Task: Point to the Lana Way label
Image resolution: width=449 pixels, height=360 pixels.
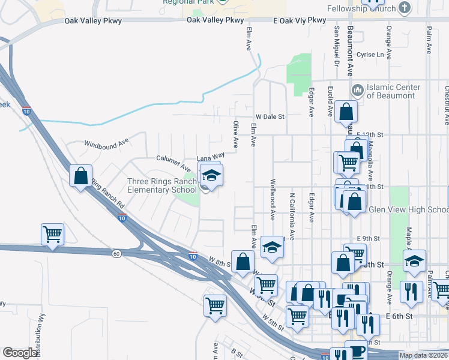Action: (x=210, y=155)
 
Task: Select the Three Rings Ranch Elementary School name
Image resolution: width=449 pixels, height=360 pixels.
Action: (x=161, y=185)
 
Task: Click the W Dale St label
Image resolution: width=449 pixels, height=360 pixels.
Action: (x=270, y=116)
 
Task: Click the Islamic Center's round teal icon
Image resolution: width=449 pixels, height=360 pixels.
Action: (x=358, y=91)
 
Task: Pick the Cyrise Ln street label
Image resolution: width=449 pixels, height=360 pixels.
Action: (x=370, y=55)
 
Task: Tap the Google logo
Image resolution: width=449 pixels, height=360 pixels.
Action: (x=20, y=353)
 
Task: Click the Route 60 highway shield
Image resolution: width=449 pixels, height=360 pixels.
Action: (x=116, y=254)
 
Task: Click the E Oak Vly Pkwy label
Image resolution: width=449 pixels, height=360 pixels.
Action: (x=300, y=20)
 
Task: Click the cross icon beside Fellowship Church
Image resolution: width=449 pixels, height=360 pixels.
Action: (x=405, y=8)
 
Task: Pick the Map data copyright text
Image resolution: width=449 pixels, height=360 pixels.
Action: (x=424, y=355)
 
